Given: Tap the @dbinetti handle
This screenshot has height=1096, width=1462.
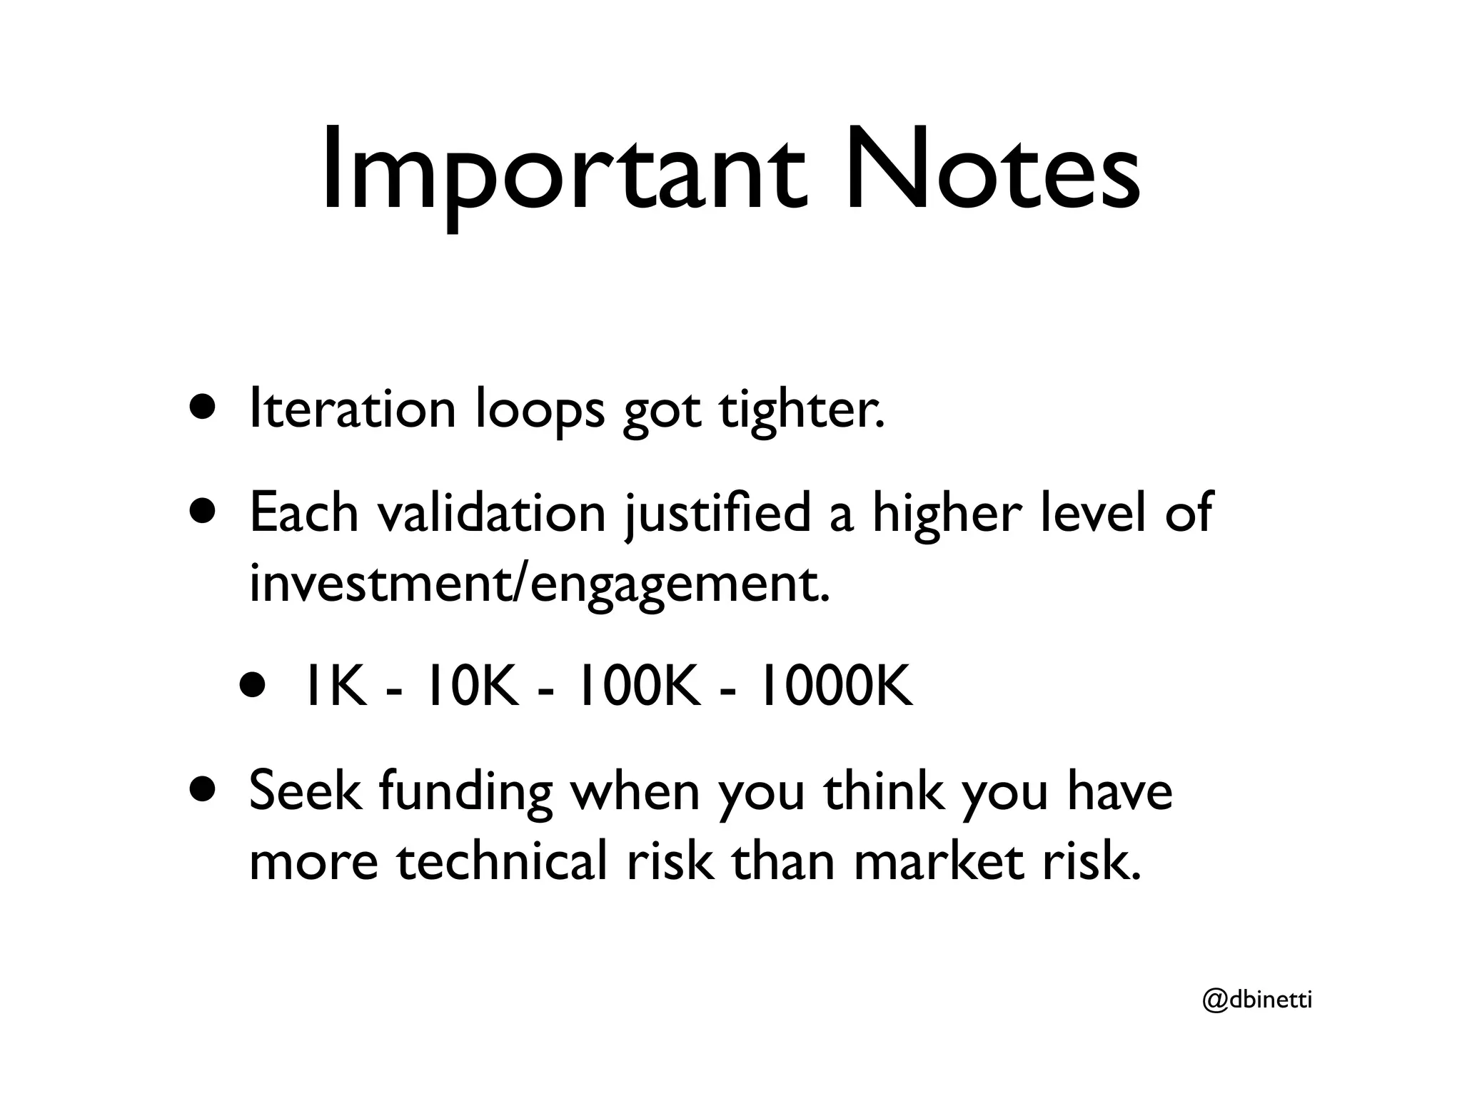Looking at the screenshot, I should point(1257,1001).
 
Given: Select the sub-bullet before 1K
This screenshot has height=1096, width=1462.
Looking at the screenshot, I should point(254,686).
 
